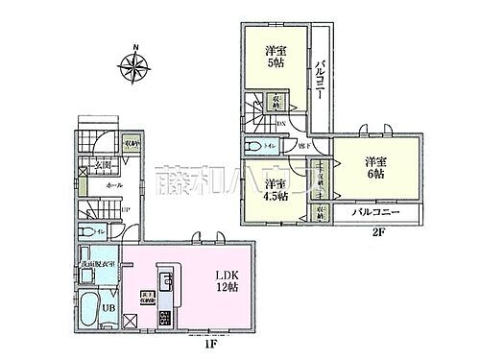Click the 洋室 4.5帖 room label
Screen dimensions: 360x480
pyautogui.click(x=276, y=191)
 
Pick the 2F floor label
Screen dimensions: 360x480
pyautogui.click(x=406, y=231)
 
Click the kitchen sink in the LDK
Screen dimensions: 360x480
pyautogui.click(x=164, y=281)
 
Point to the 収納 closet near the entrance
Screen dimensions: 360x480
pyautogui.click(x=132, y=144)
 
